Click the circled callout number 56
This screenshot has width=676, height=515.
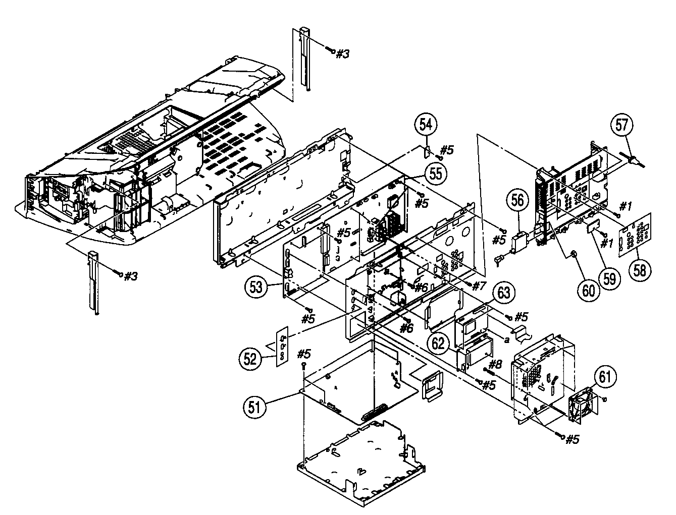[517, 200]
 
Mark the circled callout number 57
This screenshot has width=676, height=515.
[623, 125]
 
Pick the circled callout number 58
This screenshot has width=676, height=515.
[640, 269]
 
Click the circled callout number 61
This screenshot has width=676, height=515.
[605, 376]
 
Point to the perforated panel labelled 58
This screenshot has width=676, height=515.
[636, 233]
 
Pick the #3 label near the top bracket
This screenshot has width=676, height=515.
[342, 54]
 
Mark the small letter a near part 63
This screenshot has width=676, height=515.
[506, 340]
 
